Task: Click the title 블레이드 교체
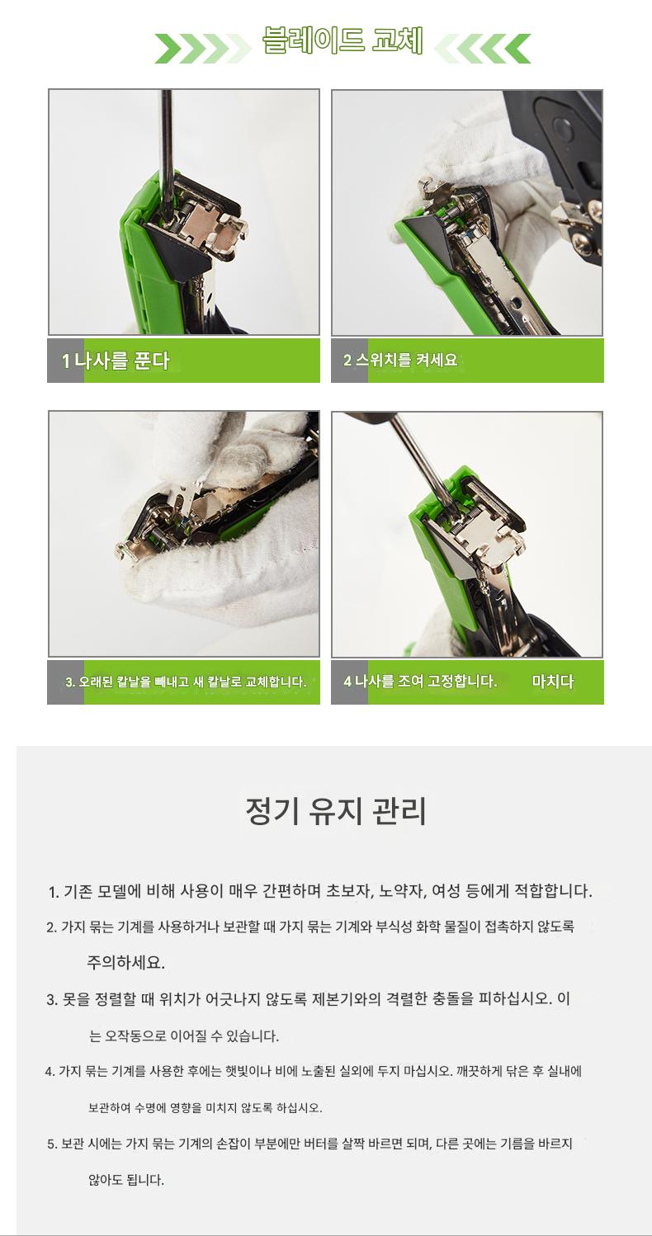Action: pos(343,40)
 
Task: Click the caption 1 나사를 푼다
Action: pos(116,361)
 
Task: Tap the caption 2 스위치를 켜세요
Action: pos(400,361)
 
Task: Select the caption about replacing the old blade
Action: pos(186,682)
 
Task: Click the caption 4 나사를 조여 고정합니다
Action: pos(419,681)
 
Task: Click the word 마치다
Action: pos(553,681)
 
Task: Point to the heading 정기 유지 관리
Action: pos(336,811)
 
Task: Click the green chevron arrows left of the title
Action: pos(202,48)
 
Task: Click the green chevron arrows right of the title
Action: pos(483,48)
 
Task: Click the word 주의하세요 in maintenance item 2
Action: pos(126,962)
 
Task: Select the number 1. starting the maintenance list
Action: pos(53,892)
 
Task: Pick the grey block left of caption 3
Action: pos(65,682)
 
